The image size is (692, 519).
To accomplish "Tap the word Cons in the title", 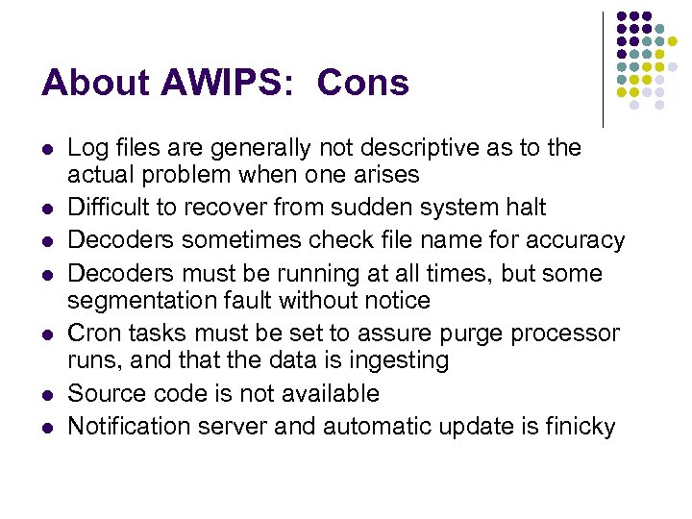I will click(362, 84).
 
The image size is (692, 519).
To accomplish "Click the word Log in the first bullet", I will click(87, 148).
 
